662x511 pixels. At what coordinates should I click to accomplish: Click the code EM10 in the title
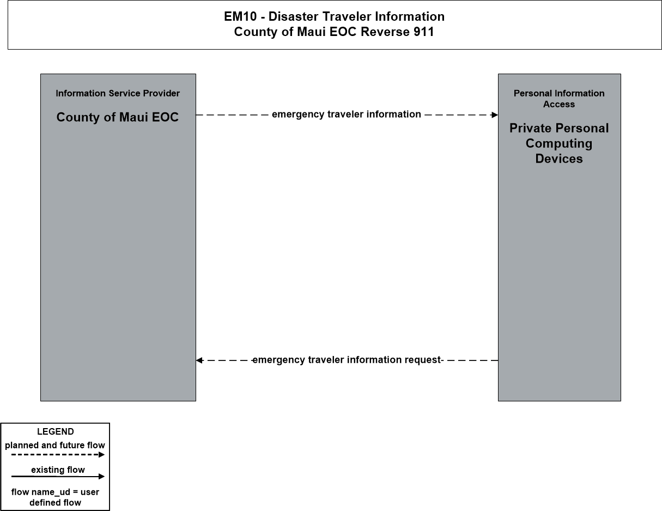[x=240, y=16]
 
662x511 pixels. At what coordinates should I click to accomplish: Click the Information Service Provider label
[x=118, y=93]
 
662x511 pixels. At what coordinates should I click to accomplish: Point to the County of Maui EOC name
[x=118, y=117]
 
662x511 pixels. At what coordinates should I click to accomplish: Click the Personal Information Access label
[x=559, y=99]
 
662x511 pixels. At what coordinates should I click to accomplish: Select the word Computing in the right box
[x=559, y=143]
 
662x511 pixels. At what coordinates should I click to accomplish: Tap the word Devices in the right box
[x=559, y=159]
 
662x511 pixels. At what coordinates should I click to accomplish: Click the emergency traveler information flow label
[x=347, y=115]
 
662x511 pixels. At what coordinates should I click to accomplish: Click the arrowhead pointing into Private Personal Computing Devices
[x=494, y=115]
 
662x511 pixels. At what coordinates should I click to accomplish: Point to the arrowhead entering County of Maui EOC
[x=199, y=360]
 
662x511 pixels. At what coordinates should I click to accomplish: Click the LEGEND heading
[x=56, y=431]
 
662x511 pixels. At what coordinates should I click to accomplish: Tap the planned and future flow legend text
[x=55, y=446]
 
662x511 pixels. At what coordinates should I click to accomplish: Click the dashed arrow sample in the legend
[x=58, y=455]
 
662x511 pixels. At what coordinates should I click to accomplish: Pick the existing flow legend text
[x=58, y=470]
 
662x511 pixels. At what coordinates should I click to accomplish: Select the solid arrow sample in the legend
[x=58, y=476]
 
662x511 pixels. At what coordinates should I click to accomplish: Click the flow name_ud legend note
[x=55, y=497]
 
